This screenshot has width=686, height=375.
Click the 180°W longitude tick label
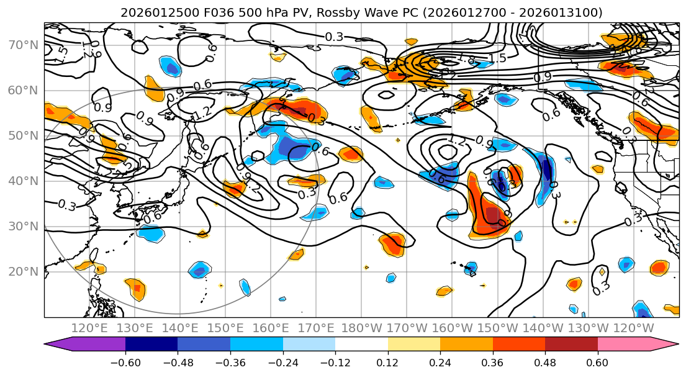point(361,328)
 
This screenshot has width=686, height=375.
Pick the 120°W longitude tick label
point(633,328)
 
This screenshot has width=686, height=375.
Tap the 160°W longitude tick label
point(452,328)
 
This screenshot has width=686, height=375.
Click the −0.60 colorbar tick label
point(125,361)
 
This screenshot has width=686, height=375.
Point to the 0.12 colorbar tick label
point(388,361)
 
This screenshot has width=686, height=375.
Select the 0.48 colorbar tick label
point(545,361)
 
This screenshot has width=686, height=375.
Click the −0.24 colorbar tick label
point(282,361)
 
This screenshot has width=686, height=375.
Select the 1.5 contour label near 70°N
point(497,58)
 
